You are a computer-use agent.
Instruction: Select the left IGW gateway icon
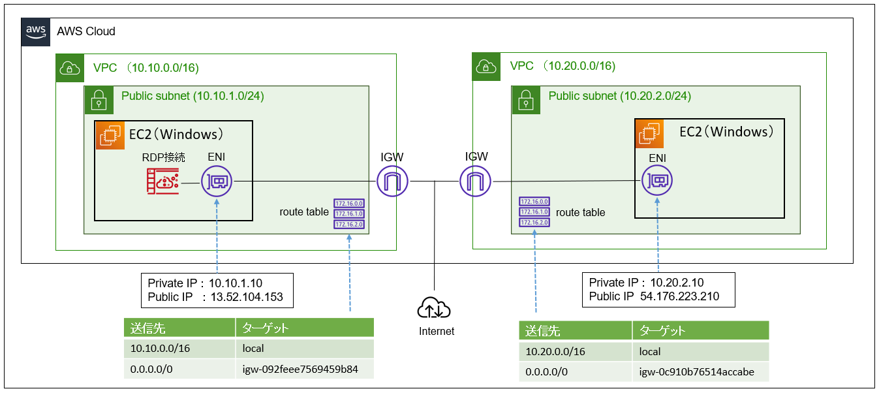tap(393, 181)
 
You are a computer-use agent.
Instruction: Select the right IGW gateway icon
tap(476, 181)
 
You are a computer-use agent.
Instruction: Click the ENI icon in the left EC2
tap(217, 181)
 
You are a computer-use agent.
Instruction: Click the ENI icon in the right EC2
tap(658, 180)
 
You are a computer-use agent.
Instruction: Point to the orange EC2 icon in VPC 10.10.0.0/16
tap(110, 135)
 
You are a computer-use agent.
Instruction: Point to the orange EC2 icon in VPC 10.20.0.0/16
tap(649, 133)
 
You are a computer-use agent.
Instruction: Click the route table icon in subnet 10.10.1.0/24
tap(349, 213)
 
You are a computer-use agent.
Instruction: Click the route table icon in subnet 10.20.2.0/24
tap(534, 212)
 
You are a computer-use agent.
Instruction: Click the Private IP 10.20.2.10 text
tap(646, 283)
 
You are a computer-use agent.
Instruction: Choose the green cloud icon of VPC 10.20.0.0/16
tap(484, 66)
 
